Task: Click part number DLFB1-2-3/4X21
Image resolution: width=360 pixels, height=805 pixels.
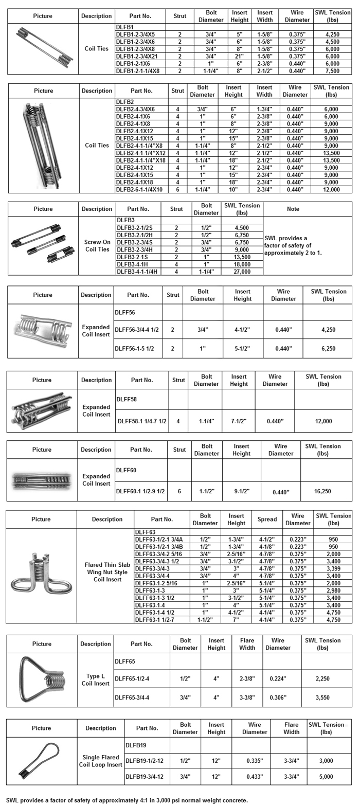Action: [136, 56]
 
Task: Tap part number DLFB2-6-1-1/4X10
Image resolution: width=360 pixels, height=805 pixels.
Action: [139, 190]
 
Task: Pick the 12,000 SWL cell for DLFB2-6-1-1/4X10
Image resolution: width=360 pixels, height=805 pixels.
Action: [331, 190]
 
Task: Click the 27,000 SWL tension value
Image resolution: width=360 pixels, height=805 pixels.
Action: [242, 272]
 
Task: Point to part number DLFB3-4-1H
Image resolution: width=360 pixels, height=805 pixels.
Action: [133, 264]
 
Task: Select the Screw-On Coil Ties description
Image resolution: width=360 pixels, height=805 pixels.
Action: [97, 246]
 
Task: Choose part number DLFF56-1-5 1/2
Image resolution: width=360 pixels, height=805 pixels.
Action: [134, 349]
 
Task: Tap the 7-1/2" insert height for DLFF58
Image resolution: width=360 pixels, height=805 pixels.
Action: [239, 421]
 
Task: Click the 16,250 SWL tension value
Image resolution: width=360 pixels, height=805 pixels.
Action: [322, 491]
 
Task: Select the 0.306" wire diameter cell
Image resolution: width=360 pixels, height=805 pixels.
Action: [278, 697]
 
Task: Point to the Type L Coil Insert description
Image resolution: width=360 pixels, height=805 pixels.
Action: [96, 680]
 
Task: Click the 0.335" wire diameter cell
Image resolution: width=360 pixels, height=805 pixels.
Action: [255, 761]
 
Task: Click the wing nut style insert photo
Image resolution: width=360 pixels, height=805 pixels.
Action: [41, 577]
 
